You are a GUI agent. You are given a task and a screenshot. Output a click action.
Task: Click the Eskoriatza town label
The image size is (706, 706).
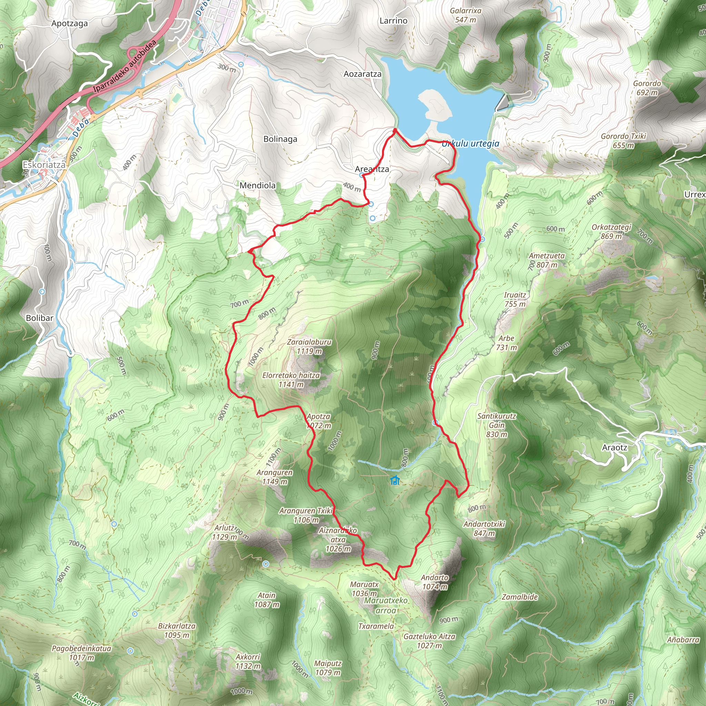tap(44, 165)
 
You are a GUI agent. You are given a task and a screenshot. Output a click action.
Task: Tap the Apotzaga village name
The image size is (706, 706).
tap(69, 24)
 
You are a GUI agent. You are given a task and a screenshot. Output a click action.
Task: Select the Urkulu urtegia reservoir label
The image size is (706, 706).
tap(470, 144)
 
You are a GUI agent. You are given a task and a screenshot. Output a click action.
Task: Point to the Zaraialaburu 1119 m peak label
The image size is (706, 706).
tap(309, 346)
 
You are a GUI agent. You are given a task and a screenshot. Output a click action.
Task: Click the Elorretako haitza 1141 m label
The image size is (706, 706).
tap(291, 380)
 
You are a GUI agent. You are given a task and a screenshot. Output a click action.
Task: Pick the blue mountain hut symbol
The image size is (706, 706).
tap(395, 480)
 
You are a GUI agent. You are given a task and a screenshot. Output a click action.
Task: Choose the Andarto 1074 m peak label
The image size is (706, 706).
tap(434, 582)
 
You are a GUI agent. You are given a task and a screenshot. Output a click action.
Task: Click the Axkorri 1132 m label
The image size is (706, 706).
tap(248, 662)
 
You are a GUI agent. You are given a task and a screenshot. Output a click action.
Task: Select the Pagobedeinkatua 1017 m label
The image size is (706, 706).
tap(81, 653)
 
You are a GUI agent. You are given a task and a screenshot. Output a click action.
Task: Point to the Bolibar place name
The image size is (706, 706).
tap(39, 318)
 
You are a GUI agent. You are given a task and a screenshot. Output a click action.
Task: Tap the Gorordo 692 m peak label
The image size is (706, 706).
tap(647, 88)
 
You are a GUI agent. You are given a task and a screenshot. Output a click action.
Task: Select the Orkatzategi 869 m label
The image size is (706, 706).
tap(611, 232)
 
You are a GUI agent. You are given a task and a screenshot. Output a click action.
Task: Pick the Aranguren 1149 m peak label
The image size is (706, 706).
tap(274, 477)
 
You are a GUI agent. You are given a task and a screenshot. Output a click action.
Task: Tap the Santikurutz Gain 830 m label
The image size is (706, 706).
tap(497, 425)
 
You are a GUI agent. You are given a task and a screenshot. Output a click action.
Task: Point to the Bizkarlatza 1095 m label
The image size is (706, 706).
tap(177, 631)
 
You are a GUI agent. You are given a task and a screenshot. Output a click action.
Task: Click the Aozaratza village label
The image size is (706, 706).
tap(363, 74)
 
